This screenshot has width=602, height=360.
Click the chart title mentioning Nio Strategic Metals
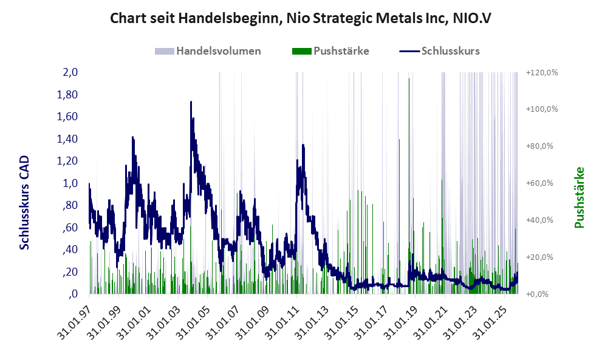301,18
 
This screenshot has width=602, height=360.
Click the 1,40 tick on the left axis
67,139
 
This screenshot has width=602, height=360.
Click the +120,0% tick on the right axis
541,72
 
